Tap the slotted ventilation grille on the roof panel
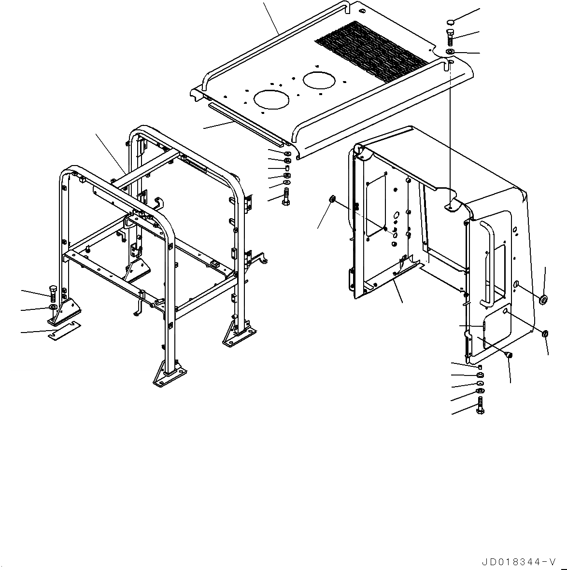pyautogui.click(x=372, y=46)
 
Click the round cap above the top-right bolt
pyautogui.click(x=450, y=22)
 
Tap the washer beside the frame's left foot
pyautogui.click(x=53, y=308)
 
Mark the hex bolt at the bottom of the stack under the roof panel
pyautogui.click(x=286, y=196)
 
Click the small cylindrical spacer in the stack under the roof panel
pyautogui.click(x=286, y=167)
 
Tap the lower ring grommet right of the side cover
pyautogui.click(x=544, y=333)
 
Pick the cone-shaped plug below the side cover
pyautogui.click(x=509, y=355)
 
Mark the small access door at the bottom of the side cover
pyautogui.click(x=492, y=333)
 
